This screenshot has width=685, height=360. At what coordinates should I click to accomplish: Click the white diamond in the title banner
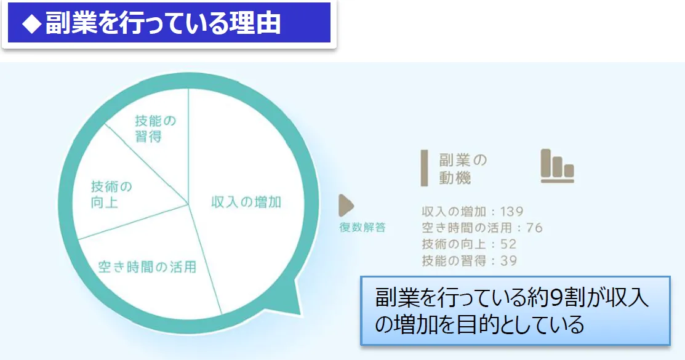coord(32,23)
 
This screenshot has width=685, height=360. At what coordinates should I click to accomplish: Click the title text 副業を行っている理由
coord(162,23)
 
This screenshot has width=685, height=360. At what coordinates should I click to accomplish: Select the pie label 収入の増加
coord(246,202)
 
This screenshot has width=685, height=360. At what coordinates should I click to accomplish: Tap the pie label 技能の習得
coord(155,129)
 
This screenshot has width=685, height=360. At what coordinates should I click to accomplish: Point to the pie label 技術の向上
coord(111,194)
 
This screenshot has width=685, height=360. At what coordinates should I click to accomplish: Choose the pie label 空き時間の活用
coord(147,266)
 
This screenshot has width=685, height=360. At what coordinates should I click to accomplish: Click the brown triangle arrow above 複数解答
coord(346,206)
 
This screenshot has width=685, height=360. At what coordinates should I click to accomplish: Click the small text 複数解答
coord(363,227)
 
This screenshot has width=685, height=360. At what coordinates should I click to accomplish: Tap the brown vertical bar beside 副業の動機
coord(424,168)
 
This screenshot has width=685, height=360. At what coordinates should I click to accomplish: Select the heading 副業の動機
coord(463,169)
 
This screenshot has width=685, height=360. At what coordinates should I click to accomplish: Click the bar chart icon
coord(558,166)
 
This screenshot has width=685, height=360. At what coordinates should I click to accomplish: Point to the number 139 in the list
coord(511,212)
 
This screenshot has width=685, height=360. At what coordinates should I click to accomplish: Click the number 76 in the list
coord(534,228)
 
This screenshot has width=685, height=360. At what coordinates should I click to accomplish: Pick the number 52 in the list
coord(508,244)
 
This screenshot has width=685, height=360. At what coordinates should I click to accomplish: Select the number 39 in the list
coord(508,261)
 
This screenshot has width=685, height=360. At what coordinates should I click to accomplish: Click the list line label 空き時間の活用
coord(467,228)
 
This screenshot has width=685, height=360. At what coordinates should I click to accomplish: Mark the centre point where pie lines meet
coord(188,204)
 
